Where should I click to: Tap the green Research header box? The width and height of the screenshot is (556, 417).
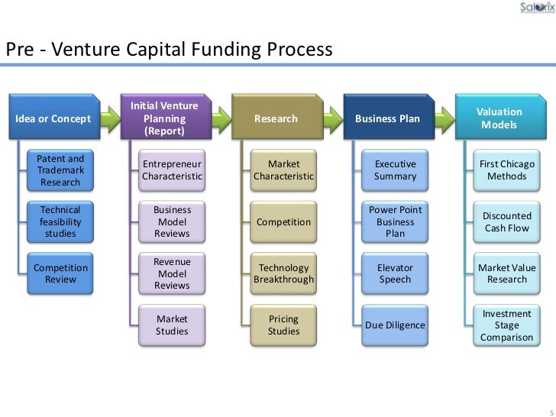(276, 119)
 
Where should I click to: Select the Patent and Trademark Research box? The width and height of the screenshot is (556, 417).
(60, 170)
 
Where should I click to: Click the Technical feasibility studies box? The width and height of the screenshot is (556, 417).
(60, 221)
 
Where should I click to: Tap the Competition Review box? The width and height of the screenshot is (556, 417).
(60, 273)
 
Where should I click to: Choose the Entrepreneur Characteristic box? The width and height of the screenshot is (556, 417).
(173, 170)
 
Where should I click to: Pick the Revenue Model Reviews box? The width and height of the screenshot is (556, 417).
(173, 273)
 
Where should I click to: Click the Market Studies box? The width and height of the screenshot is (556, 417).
(173, 325)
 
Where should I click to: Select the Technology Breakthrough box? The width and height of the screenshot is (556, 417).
(284, 273)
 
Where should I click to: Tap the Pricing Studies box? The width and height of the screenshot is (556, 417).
(284, 325)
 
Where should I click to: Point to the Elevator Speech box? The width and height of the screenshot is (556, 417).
(396, 273)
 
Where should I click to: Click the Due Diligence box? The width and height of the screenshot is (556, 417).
(396, 325)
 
